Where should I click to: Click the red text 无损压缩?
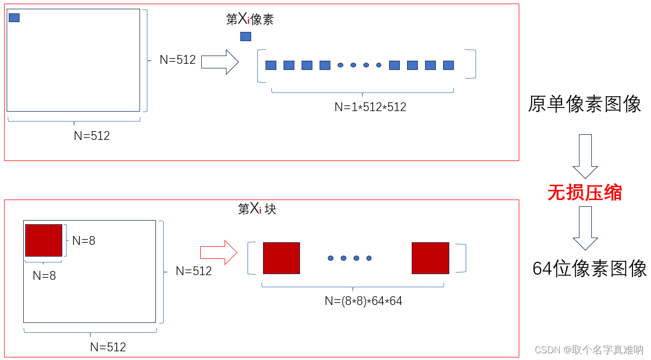tap(585, 193)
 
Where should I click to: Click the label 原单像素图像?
tap(585, 104)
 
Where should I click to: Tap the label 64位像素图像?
tap(590, 268)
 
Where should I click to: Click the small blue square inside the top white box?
tap(14, 18)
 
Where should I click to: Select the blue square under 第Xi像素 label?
tap(245, 37)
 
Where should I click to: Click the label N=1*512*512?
tap(370, 107)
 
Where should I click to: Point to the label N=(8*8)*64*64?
tap(363, 301)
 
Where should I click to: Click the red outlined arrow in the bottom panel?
tap(218, 253)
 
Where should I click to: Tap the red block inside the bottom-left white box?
tap(44, 240)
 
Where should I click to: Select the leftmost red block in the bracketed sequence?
tap(281, 258)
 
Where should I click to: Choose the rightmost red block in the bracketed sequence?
tap(430, 258)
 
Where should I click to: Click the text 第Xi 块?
tap(257, 209)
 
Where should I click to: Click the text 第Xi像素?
tap(250, 20)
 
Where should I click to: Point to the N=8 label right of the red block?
tap(83, 241)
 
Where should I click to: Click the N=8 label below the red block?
tap(44, 276)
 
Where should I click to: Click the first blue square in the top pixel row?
tap(271, 65)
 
